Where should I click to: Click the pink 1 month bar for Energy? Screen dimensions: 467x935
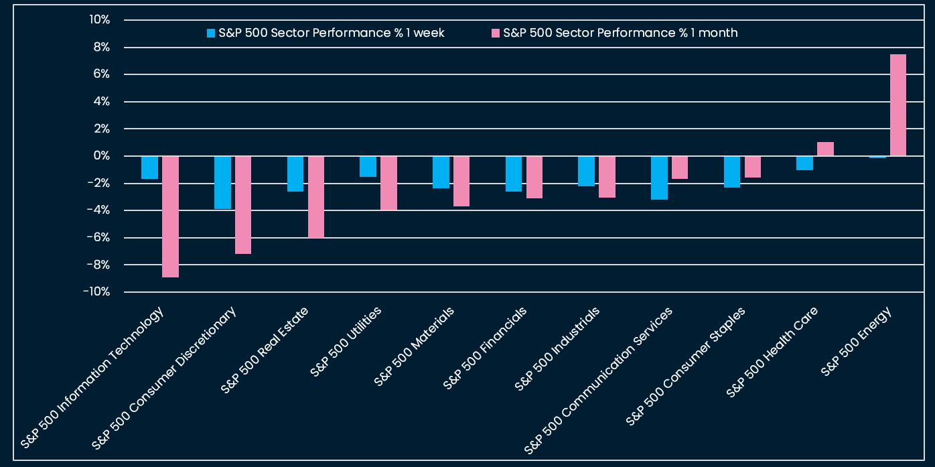coord(897,105)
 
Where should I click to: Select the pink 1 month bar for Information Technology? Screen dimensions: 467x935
coord(170,216)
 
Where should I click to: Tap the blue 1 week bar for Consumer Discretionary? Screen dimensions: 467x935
coord(222,182)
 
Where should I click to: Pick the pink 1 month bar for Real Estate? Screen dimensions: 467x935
coord(316,197)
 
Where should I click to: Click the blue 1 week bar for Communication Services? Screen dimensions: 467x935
coord(659,178)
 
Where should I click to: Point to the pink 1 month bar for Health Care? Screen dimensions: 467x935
coord(825,149)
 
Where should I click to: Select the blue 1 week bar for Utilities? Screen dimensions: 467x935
coord(368,166)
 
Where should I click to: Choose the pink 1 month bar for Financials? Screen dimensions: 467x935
coord(534,177)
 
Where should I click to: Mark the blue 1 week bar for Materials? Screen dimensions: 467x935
coord(441,172)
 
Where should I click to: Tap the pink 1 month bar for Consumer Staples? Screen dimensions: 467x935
coord(753,167)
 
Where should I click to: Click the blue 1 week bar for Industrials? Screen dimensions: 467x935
coord(586,171)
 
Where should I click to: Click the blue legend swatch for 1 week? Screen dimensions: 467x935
coord(211,33)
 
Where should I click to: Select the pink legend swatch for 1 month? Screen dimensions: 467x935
coord(496,33)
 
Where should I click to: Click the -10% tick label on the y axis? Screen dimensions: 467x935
coord(96,292)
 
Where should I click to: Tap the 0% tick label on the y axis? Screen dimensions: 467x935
coord(101,156)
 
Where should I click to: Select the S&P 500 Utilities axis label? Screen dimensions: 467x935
coord(346,342)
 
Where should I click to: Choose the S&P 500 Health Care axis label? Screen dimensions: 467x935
coord(772,352)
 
